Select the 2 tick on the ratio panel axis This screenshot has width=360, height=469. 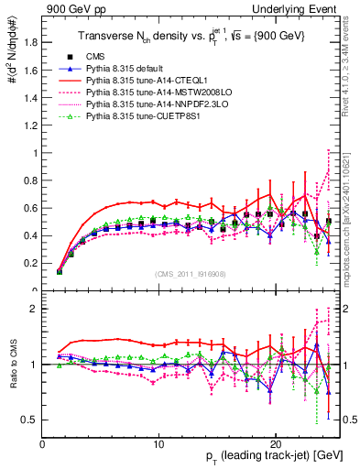pyautogui.click(x=35, y=309)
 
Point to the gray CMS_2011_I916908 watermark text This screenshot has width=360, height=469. pyautogui.click(x=190, y=275)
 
